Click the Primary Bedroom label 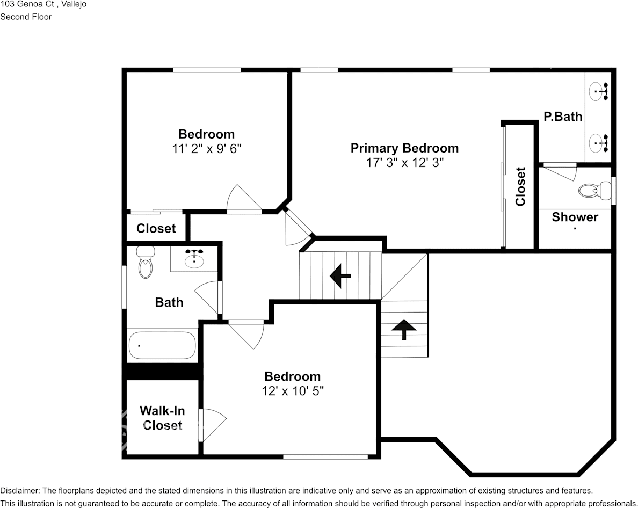click(x=404, y=148)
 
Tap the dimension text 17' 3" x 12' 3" click(x=404, y=163)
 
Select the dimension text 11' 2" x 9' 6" click(x=207, y=149)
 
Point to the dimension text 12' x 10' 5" click(x=293, y=391)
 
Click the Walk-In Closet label click(x=162, y=418)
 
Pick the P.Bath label click(x=563, y=116)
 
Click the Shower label click(x=575, y=217)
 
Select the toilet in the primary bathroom click(x=595, y=190)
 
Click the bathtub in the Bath click(x=162, y=345)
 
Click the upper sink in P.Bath click(x=599, y=91)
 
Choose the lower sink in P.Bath click(x=599, y=142)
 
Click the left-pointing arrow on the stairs click(x=340, y=276)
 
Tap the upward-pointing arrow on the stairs click(x=403, y=329)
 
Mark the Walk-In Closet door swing click(x=212, y=424)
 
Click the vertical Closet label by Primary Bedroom click(x=520, y=186)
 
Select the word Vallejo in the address click(x=74, y=4)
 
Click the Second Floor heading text click(x=26, y=17)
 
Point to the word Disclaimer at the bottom click(x=19, y=490)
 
